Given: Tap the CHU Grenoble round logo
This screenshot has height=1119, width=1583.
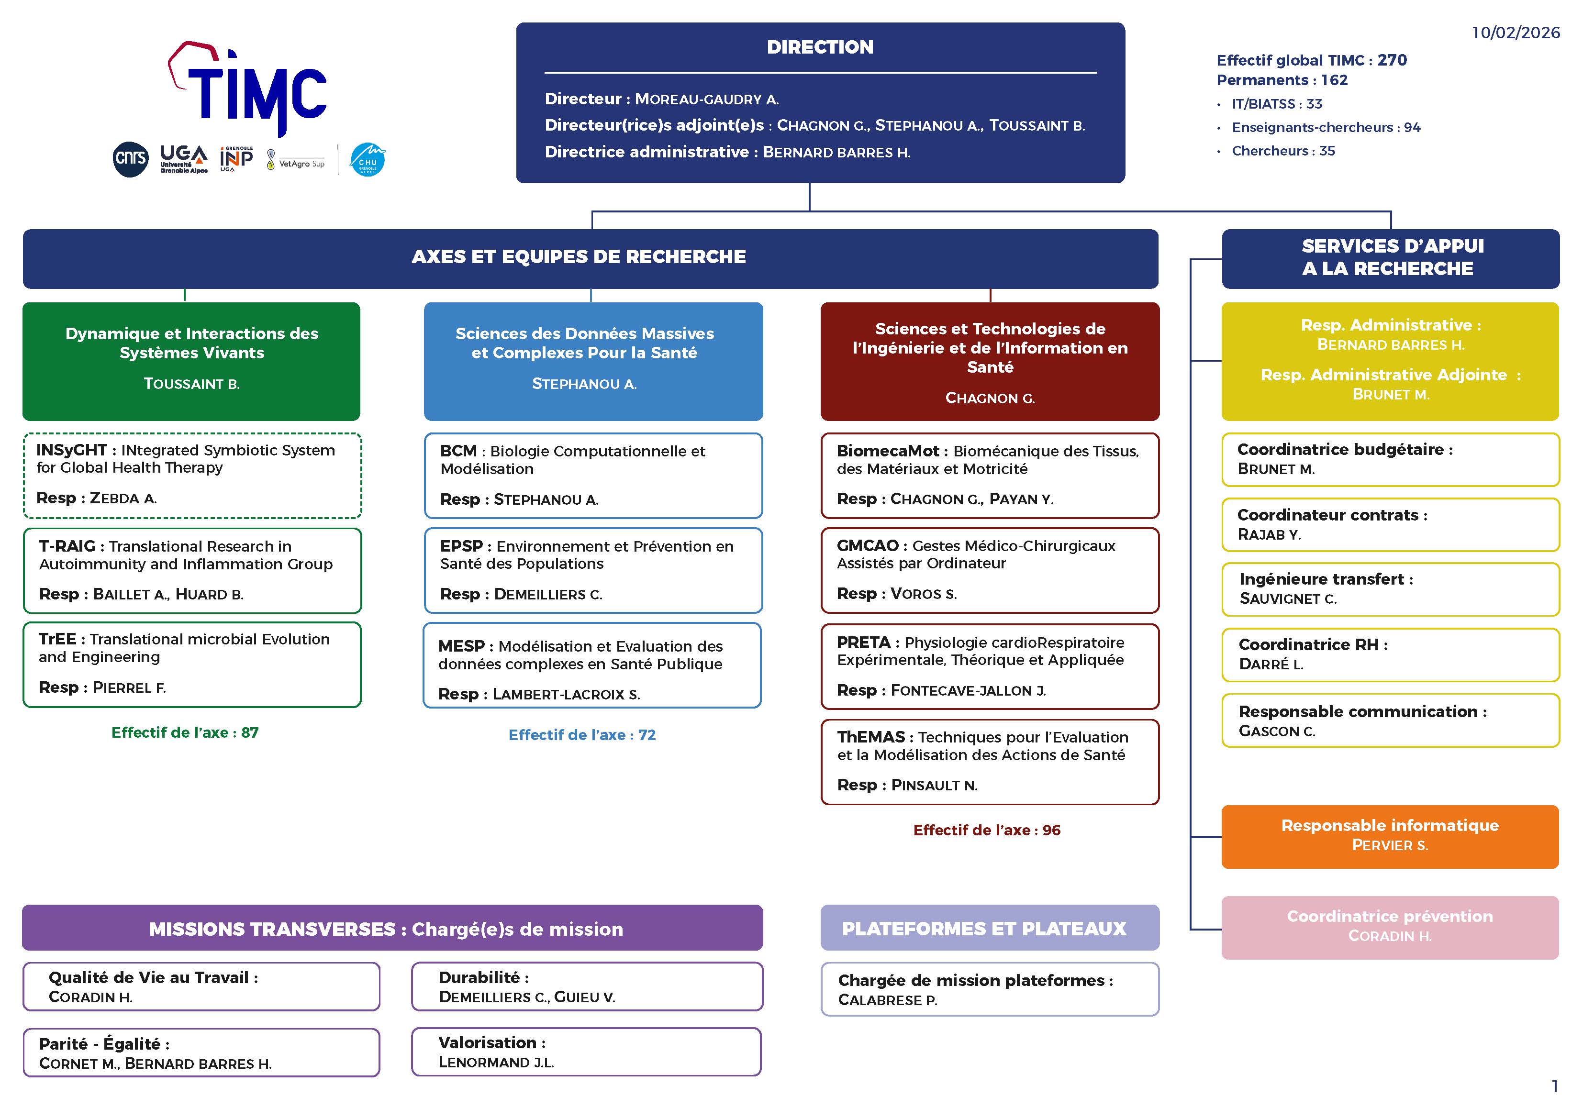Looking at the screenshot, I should click(x=368, y=159).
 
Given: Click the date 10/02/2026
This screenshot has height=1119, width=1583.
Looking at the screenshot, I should click(x=1515, y=33).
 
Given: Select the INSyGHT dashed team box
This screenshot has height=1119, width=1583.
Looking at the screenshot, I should click(x=192, y=475).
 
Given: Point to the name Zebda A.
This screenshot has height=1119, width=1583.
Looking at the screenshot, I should click(x=123, y=499).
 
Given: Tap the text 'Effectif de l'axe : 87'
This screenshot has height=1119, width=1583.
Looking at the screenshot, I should click(x=185, y=732).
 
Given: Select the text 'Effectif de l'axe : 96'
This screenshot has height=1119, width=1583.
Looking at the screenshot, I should click(x=987, y=830).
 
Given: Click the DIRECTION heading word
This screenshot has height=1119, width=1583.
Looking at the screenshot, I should click(x=820, y=47).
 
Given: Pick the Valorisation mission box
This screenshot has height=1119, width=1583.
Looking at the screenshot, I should click(x=586, y=1052).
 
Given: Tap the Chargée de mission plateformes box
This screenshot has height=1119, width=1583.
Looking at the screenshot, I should click(x=990, y=989).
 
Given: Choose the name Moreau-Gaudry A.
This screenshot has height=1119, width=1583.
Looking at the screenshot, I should click(x=707, y=100).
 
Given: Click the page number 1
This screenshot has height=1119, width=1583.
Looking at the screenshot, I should click(x=1554, y=1086).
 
